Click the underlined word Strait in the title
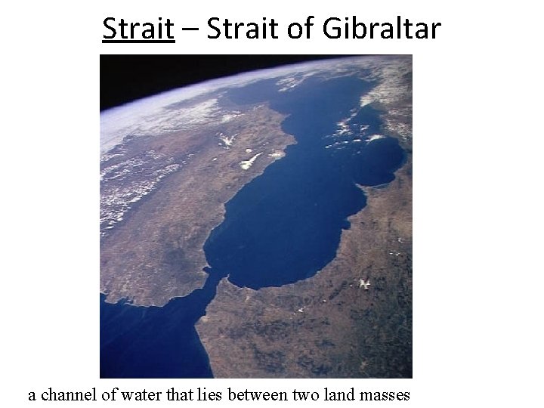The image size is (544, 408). click(x=138, y=29)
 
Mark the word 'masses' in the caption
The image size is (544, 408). click(x=385, y=394)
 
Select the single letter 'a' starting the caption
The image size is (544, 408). click(x=32, y=395)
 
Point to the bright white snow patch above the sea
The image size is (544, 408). click(x=251, y=160)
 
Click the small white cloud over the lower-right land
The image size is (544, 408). click(x=366, y=283)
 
